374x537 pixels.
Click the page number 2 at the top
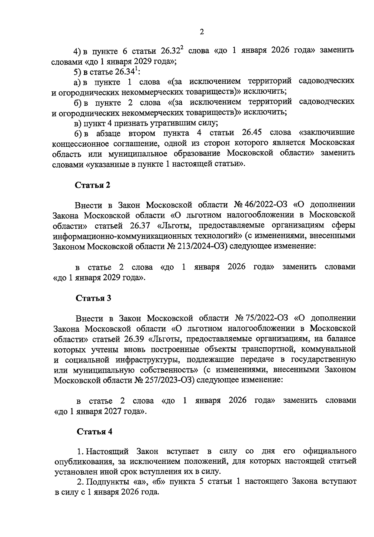pyautogui.click(x=202, y=32)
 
